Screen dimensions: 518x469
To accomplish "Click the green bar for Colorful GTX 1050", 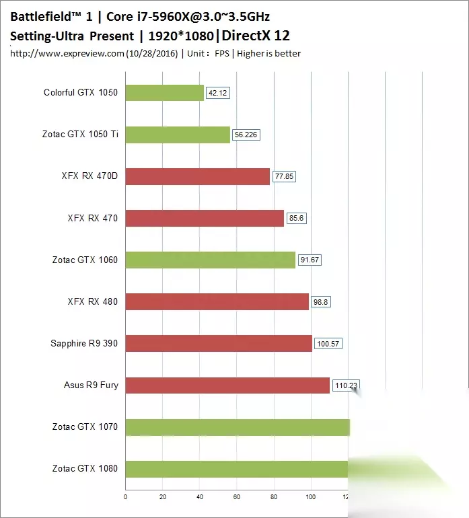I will (164, 93).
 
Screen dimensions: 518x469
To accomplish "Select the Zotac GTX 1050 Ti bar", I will (178, 135).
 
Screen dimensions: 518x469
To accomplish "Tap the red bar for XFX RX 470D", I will (197, 176).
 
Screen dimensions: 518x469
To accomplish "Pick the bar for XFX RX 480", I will (217, 301).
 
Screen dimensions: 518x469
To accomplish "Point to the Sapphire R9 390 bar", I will (219, 343).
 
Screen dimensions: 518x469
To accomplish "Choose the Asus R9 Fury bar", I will (227, 385).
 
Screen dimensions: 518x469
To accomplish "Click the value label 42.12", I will (218, 93).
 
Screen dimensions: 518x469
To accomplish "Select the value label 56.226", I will (246, 135).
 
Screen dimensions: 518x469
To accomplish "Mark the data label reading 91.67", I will (310, 260).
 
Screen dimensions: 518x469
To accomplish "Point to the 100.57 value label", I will (328, 344).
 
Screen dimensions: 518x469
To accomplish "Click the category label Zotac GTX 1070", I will (85, 427).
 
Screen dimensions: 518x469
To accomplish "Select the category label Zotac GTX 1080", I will (85, 468).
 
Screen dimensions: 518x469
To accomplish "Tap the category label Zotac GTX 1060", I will (85, 260).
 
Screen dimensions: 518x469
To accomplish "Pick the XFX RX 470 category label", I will (93, 218).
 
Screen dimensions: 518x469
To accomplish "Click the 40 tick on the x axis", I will (199, 498).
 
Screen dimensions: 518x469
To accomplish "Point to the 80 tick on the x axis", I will (273, 498).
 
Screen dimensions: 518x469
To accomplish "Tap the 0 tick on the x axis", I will (126, 498).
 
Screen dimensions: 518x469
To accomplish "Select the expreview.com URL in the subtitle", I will (67, 53).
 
